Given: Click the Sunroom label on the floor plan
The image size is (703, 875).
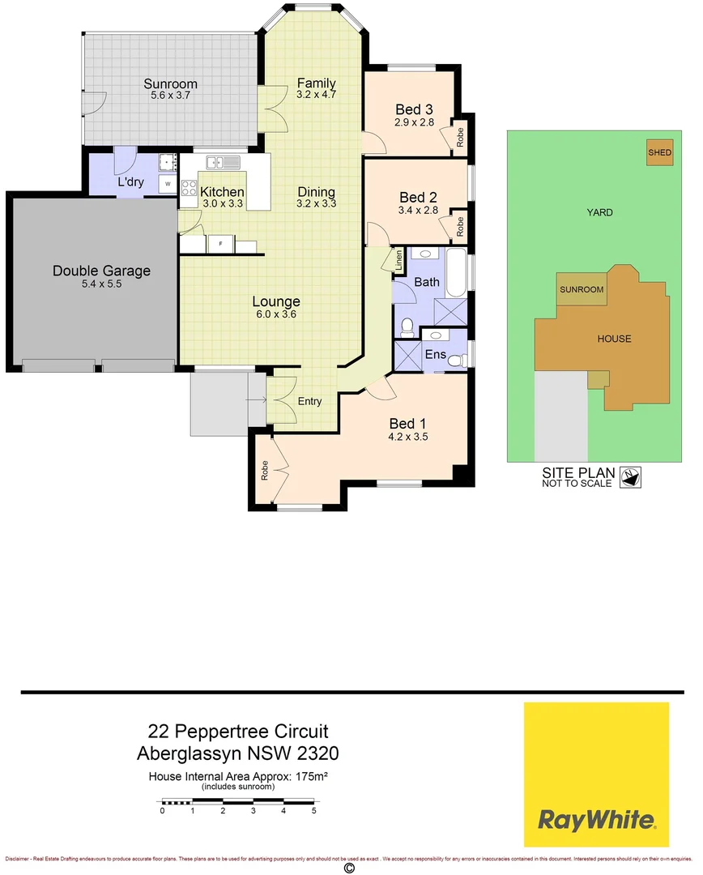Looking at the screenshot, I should (170, 83).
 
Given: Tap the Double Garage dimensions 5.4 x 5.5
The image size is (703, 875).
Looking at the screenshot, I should (101, 284).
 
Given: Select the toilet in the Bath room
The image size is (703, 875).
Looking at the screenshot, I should (408, 327).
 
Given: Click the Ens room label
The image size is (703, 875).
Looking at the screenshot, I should (434, 354).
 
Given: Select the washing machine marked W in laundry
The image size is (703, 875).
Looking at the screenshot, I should (168, 184).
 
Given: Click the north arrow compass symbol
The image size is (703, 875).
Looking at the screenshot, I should (630, 477).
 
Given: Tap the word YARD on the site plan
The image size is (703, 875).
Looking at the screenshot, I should (600, 212).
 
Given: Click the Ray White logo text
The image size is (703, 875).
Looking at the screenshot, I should (596, 820).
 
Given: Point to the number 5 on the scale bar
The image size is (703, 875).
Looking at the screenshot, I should (313, 810).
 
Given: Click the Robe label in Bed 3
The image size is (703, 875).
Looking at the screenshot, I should (459, 136).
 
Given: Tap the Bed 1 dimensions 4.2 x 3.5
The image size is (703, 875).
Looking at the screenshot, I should (408, 436).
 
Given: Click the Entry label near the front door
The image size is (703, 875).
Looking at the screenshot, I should (309, 401).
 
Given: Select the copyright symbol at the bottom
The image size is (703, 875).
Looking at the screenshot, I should (350, 868).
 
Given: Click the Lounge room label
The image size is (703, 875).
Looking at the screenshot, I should (277, 301).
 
